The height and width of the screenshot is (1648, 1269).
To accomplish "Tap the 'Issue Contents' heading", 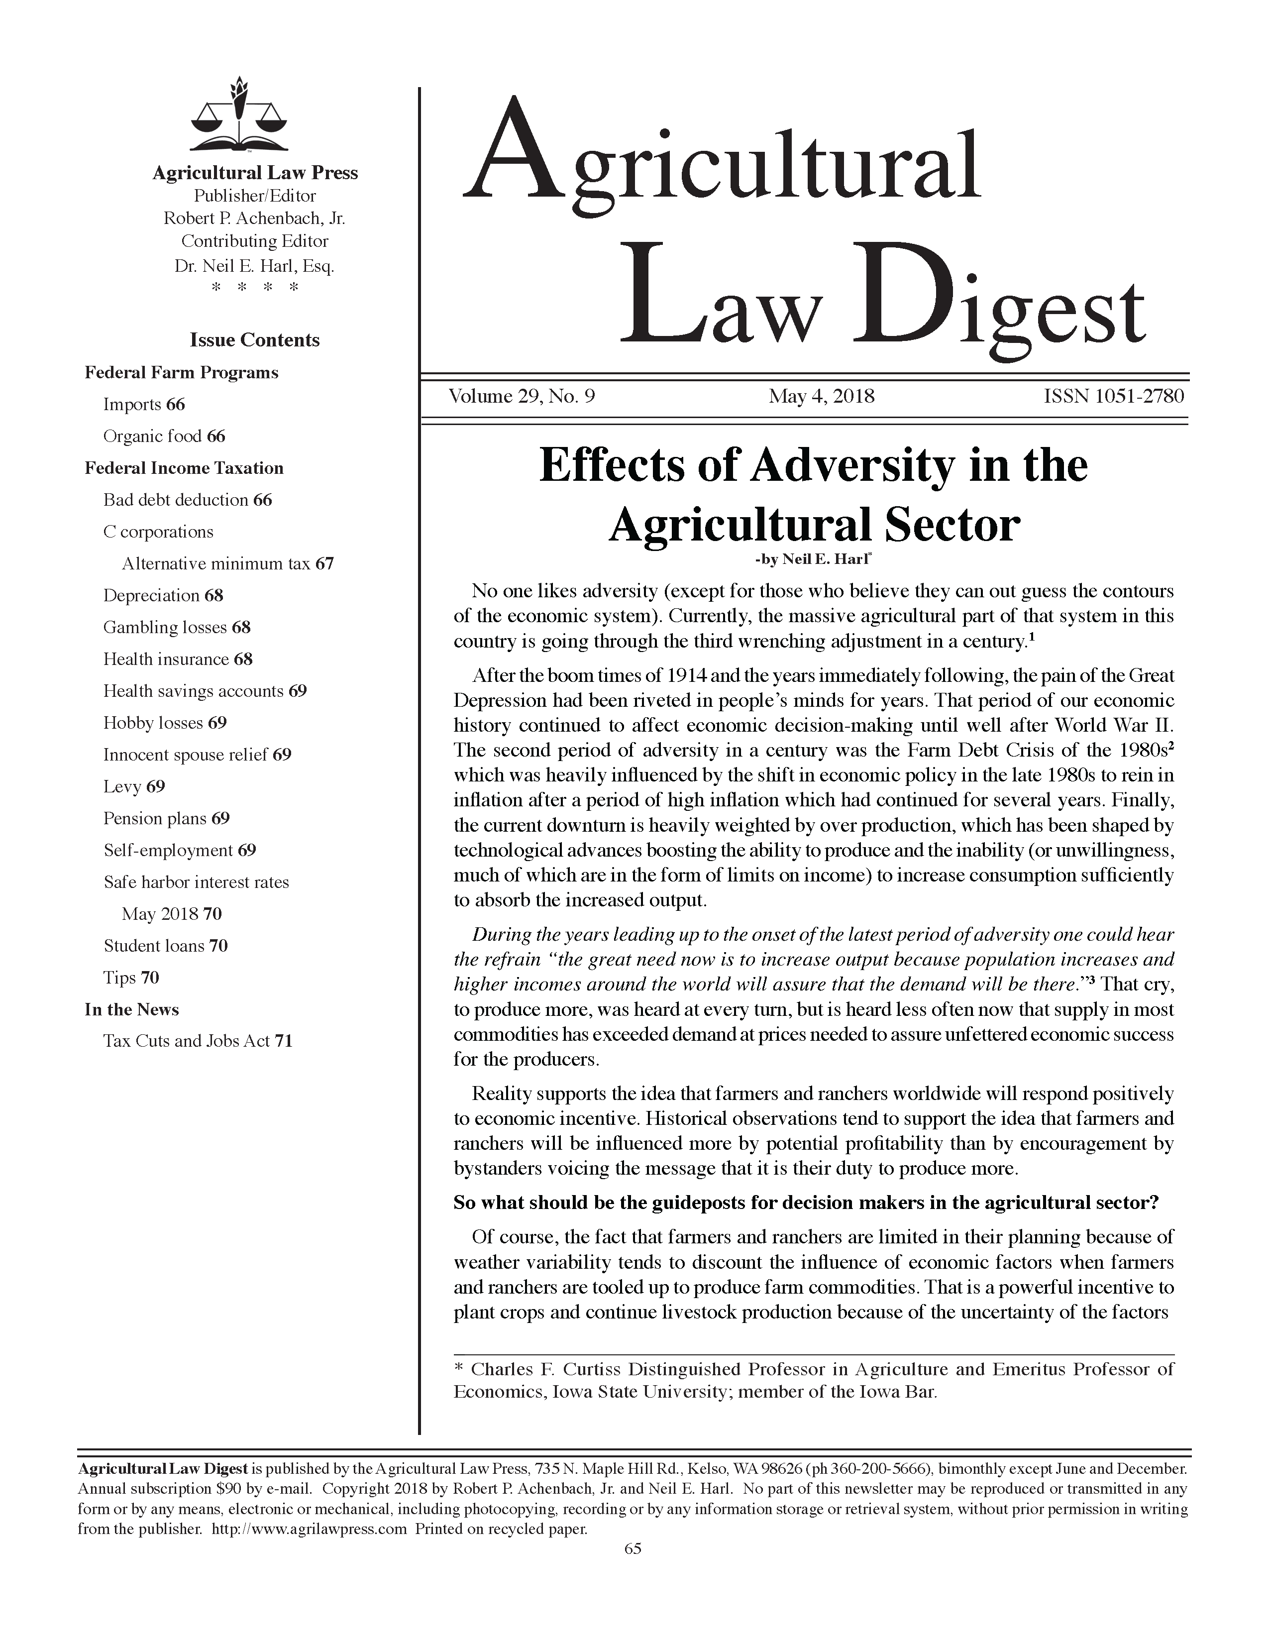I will (x=254, y=340).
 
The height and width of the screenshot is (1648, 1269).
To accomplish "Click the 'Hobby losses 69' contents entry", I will (x=164, y=723).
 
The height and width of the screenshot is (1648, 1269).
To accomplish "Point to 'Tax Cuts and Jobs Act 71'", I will (x=198, y=1041).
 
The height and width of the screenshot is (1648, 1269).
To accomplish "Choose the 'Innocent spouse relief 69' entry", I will (x=197, y=755).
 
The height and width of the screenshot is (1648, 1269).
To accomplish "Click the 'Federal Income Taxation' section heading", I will (x=184, y=468).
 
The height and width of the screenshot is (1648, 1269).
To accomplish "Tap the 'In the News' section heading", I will (x=131, y=1009).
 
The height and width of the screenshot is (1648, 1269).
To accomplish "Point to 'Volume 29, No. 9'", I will (x=522, y=396).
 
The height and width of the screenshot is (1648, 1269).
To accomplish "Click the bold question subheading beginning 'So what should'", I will (x=806, y=1203).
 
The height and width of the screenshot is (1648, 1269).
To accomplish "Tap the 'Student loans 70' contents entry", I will (x=165, y=946).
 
